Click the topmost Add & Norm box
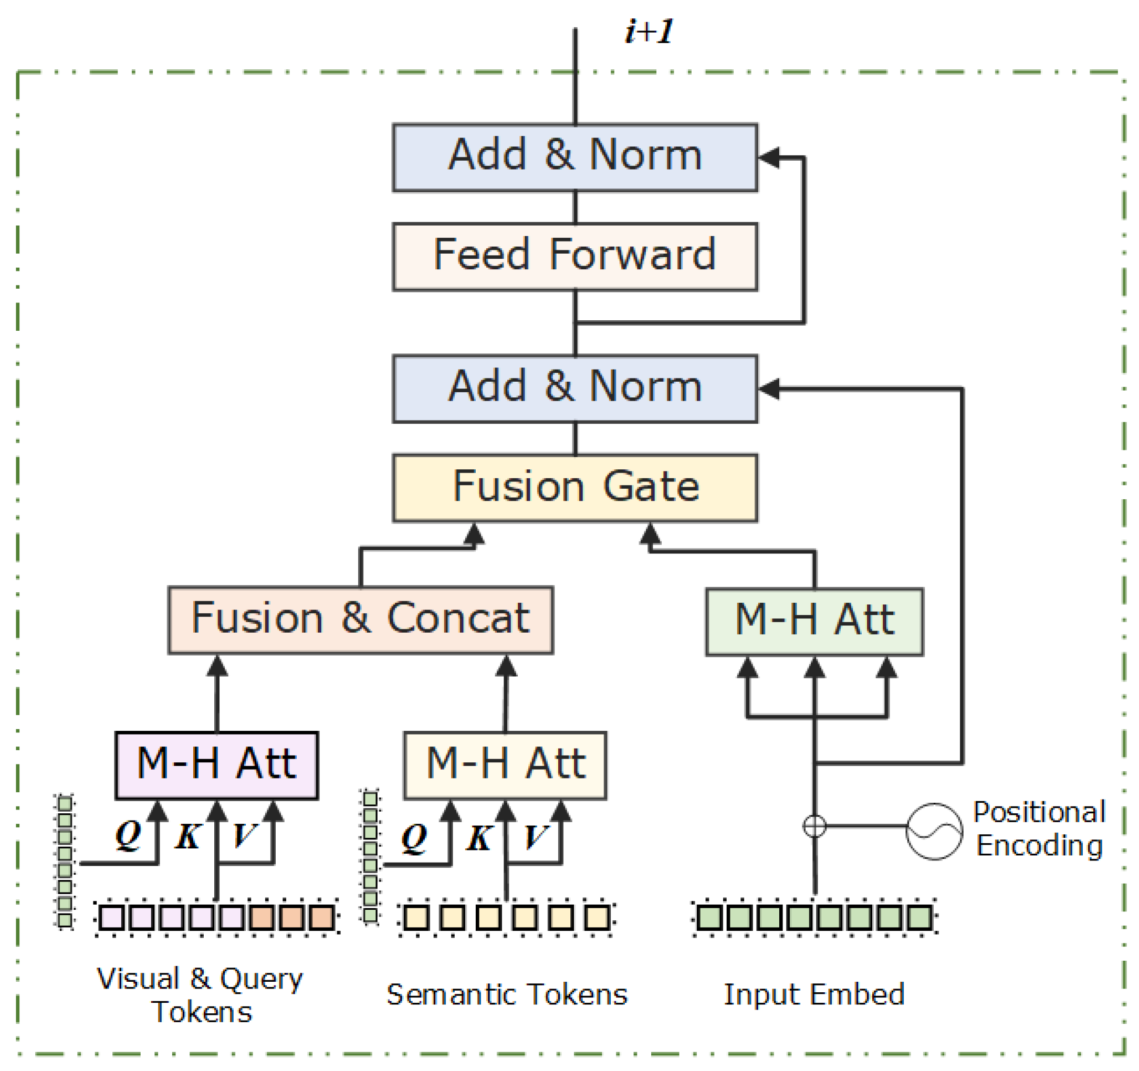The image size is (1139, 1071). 574,157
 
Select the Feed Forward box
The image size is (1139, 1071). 574,256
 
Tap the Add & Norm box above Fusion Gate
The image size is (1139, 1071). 574,388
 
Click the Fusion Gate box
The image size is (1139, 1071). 574,487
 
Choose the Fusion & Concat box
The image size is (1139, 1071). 360,619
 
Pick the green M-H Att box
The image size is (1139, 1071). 813,622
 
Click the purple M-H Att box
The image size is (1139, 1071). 216,764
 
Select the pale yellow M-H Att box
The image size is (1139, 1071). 505,764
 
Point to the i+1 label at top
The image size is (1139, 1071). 649,31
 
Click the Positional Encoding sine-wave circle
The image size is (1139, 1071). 933,831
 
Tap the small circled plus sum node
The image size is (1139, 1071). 814,826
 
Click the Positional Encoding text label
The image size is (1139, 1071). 1039,829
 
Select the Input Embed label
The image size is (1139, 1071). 813,994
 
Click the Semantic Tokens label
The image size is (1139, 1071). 506,994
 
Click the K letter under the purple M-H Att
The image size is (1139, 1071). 188,837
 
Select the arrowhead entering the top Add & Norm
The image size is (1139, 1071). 769,157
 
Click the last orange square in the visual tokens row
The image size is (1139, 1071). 321,918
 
